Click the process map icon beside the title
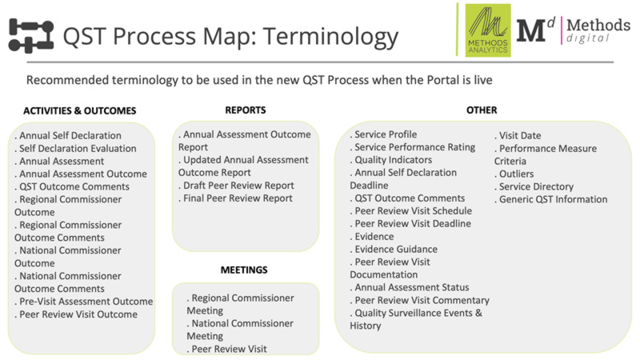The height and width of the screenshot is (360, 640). pyautogui.click(x=30, y=36)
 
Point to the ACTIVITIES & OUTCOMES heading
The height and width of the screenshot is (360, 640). pyautogui.click(x=79, y=110)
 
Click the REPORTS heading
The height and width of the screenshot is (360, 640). pyautogui.click(x=246, y=110)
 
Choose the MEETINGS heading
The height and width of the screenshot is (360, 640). pyautogui.click(x=244, y=270)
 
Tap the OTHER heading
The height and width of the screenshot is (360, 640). pyautogui.click(x=482, y=110)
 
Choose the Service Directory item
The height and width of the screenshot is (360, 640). pyautogui.click(x=534, y=186)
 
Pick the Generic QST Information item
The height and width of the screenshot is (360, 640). pyautogui.click(x=551, y=199)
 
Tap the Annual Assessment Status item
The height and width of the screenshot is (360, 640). pyautogui.click(x=410, y=287)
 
